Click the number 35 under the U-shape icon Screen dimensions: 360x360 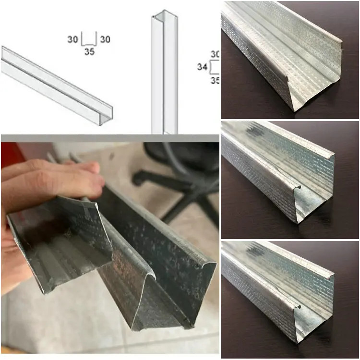coord(89,51)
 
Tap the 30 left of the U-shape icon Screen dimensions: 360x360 coord(72,39)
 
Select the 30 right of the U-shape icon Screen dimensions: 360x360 coord(105,39)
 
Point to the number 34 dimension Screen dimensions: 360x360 coord(202,67)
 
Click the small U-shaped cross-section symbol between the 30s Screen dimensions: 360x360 coord(89,39)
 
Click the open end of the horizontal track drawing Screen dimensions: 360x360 coord(106,115)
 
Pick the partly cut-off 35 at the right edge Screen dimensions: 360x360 coord(214,80)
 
